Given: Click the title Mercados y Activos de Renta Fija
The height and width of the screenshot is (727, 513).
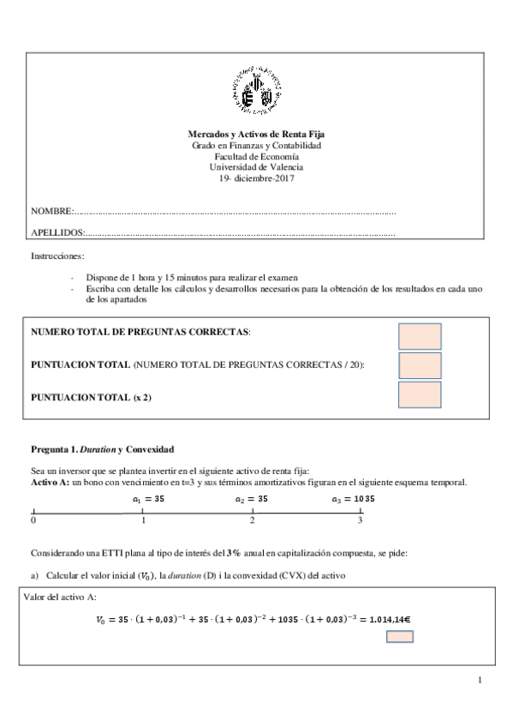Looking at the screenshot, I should click(256, 135).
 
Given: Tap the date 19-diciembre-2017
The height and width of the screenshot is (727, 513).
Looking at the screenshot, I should click(256, 177).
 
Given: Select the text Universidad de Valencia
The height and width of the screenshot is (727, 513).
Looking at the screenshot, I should click(256, 167).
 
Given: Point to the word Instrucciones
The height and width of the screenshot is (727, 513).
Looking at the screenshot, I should click(57, 256).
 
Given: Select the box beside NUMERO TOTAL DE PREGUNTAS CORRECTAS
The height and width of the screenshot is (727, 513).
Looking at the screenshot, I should click(420, 336).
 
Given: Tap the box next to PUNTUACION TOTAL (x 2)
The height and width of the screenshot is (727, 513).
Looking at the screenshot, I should click(420, 394).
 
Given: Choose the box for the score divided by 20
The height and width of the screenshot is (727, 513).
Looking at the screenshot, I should click(420, 365).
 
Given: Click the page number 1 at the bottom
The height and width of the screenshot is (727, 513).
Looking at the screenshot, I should click(480, 681).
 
